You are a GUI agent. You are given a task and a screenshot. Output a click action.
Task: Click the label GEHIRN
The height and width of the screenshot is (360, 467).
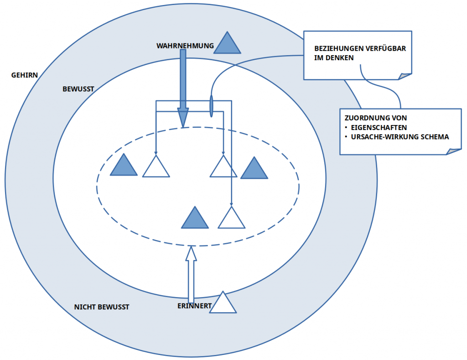25,75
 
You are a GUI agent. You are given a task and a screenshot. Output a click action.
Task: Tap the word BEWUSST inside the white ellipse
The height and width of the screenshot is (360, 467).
78,89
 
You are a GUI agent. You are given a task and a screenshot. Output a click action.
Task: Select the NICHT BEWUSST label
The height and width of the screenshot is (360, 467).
101,307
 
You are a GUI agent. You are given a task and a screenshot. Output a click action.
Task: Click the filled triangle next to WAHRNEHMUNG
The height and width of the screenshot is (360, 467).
227,45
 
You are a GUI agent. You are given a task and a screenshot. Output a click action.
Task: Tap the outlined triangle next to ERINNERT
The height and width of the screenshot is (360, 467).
223,304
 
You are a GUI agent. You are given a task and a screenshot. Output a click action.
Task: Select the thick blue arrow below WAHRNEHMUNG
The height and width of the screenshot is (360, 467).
183,87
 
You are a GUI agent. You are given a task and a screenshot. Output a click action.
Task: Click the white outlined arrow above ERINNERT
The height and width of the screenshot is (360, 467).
191,274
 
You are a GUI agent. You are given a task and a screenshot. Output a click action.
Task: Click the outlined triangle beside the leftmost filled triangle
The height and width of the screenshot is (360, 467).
156,167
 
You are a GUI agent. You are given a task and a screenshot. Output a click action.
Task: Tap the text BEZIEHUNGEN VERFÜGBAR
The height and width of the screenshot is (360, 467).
360,48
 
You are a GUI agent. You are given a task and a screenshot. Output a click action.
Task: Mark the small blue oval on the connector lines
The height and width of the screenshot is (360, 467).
211,106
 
